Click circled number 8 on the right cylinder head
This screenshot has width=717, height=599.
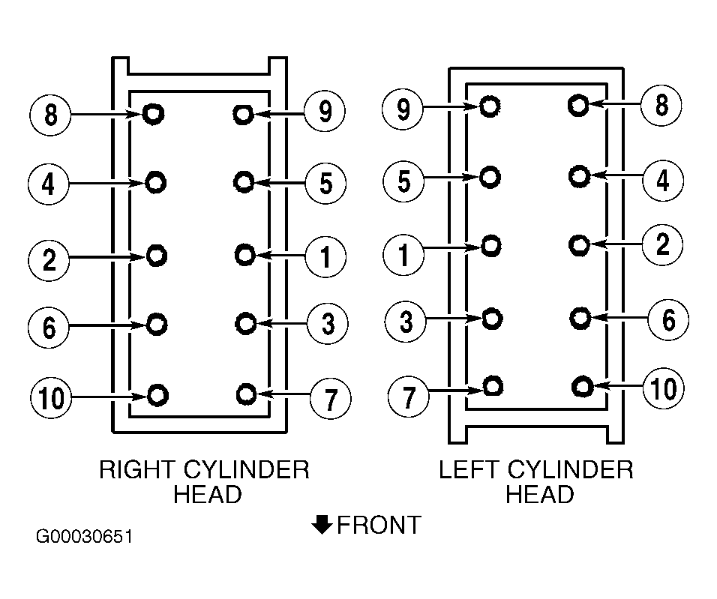(50, 114)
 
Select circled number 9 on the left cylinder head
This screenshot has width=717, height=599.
(403, 109)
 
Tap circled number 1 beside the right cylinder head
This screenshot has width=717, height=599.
(325, 256)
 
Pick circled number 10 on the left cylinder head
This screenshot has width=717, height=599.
(664, 388)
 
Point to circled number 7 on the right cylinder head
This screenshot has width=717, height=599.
(331, 399)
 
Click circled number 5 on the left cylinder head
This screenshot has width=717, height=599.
(403, 181)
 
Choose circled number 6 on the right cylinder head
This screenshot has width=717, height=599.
(49, 328)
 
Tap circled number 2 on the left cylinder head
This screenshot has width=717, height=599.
(662, 244)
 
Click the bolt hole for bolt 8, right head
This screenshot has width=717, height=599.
(153, 113)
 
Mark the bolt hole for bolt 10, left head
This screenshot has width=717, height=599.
(583, 387)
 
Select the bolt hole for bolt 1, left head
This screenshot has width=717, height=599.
(491, 246)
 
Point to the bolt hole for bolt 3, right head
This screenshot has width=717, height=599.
(245, 323)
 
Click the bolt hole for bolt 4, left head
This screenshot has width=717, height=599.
(580, 176)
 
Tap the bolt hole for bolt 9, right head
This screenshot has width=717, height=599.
(243, 114)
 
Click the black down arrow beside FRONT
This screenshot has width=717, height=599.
(322, 525)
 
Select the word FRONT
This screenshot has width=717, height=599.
(379, 525)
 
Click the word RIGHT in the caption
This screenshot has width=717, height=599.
(138, 469)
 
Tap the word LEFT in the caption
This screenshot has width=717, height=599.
(468, 469)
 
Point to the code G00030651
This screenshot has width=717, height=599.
(85, 536)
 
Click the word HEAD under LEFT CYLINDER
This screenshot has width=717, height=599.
(539, 494)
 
